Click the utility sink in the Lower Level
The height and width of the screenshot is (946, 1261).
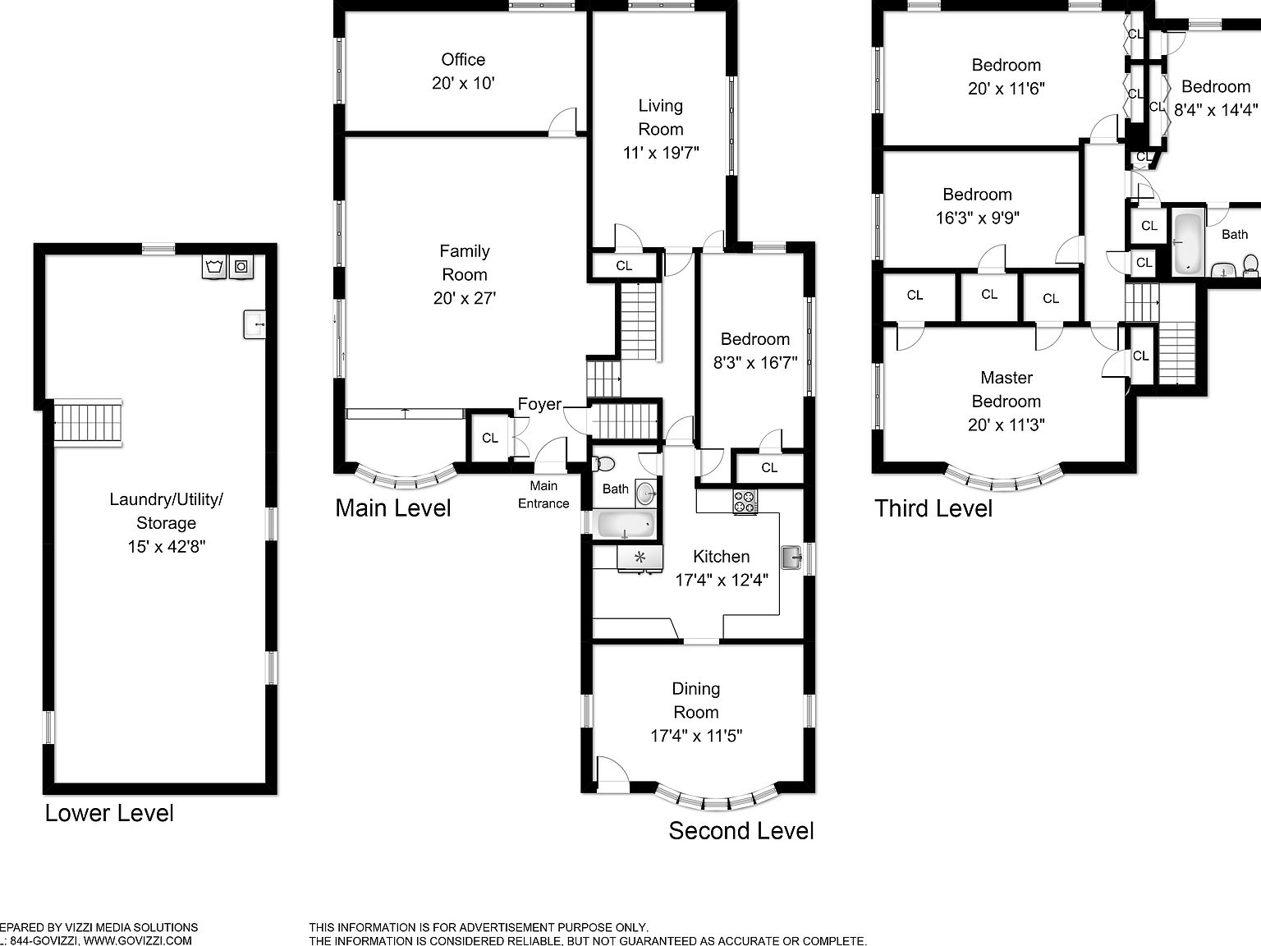tap(254, 324)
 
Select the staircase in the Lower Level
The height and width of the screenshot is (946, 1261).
tap(88, 423)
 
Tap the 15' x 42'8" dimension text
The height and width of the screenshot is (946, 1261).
tap(166, 547)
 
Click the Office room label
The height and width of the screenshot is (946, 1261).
tap(463, 60)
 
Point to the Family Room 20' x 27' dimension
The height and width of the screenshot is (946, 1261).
tap(464, 298)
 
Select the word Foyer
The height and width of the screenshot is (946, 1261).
tap(539, 404)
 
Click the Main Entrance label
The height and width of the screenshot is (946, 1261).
tap(543, 494)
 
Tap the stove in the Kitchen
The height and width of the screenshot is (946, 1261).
tap(745, 502)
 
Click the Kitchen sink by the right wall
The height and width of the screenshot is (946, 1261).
tap(791, 558)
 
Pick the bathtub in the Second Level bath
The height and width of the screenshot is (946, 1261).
tap(626, 524)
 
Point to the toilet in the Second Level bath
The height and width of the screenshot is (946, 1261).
tap(604, 464)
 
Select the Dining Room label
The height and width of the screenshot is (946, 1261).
tap(695, 700)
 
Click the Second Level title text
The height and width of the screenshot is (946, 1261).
tap(741, 830)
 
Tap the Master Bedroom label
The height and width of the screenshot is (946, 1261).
tap(1006, 389)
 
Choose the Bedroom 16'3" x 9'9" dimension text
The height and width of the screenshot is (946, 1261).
tap(977, 218)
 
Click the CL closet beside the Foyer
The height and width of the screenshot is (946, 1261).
tap(489, 439)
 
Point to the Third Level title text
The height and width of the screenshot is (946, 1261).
tap(933, 508)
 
